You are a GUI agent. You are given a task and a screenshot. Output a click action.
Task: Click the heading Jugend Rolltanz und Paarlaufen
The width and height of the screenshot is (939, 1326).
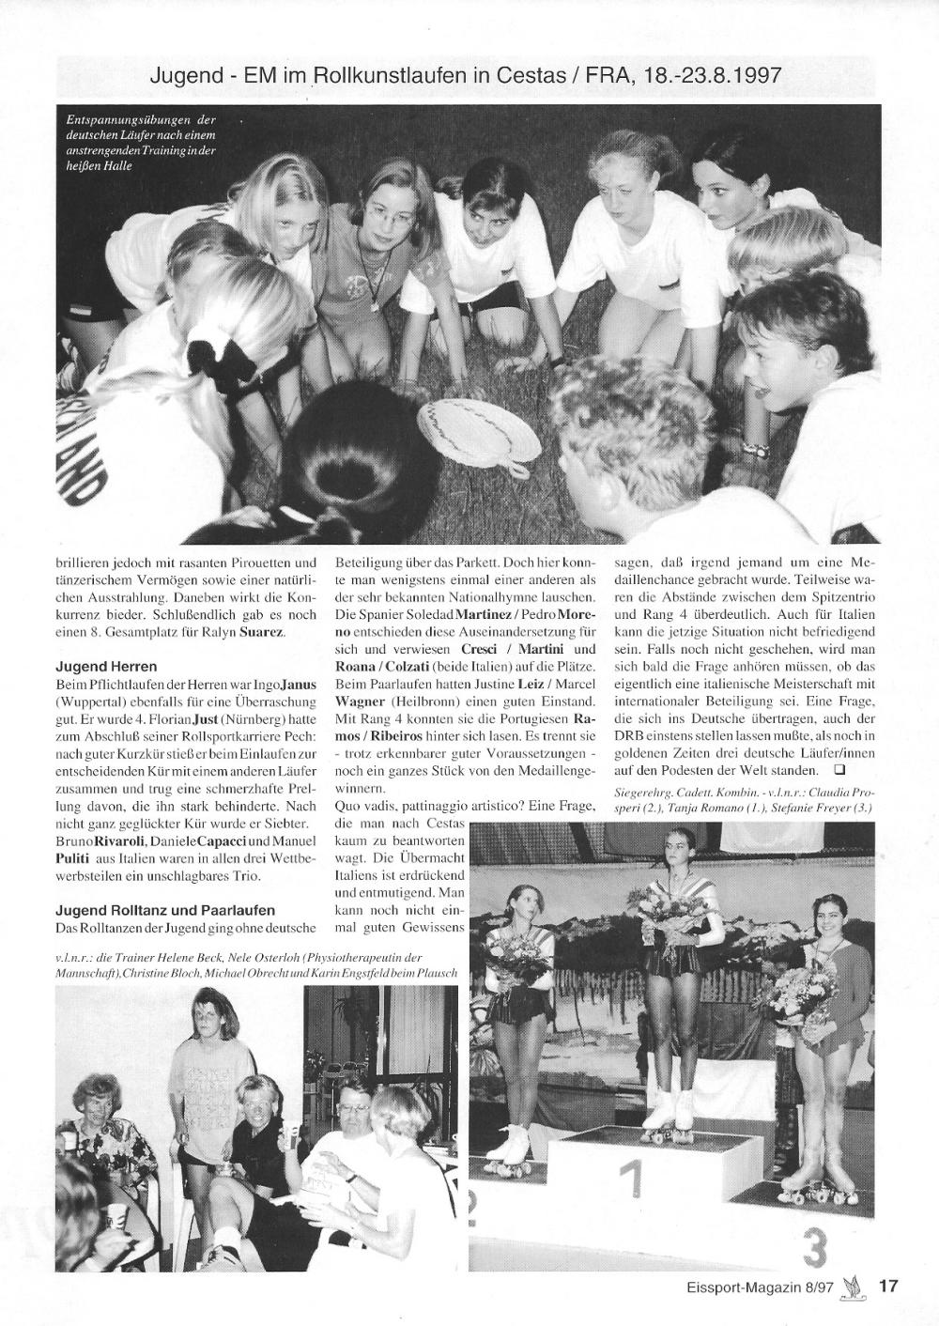click(x=164, y=910)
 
